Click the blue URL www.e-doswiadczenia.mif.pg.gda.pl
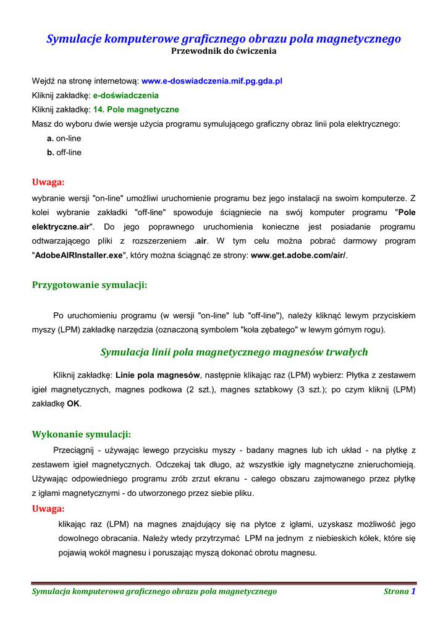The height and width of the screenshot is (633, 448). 212,81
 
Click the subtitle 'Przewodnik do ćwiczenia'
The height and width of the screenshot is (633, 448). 224,51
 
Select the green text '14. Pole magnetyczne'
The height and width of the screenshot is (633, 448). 136,109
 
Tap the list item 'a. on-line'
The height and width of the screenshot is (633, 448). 64,138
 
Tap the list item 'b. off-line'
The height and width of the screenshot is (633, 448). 64,152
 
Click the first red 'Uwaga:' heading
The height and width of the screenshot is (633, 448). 48,182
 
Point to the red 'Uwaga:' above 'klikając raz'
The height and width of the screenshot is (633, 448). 48,509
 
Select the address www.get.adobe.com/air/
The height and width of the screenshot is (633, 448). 298,255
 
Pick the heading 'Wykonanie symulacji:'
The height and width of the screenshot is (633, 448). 82,434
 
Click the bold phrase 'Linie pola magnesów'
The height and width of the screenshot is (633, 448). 158,375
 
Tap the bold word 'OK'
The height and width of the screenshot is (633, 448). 74,404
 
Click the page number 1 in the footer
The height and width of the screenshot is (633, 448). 413,591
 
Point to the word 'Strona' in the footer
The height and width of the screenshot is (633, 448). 396,592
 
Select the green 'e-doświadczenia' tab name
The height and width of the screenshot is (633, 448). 125,95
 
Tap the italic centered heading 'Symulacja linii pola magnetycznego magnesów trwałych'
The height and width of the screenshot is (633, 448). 234,352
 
